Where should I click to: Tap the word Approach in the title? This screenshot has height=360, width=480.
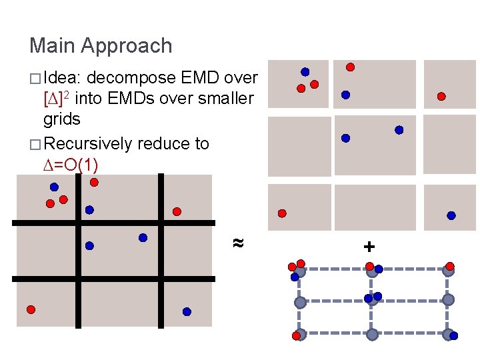pyautogui.click(x=126, y=46)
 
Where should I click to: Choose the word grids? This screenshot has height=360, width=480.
pyautogui.click(x=61, y=120)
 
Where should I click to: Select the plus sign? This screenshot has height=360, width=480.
pyautogui.click(x=369, y=247)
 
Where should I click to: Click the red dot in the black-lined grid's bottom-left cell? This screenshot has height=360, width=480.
pyautogui.click(x=31, y=309)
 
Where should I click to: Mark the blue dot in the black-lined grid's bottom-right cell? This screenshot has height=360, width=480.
pyautogui.click(x=187, y=311)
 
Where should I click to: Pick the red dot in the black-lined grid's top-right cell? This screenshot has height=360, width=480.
pyautogui.click(x=177, y=211)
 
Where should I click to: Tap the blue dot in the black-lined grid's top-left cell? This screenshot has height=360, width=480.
pyautogui.click(x=54, y=187)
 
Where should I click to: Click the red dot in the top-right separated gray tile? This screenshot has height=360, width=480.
pyautogui.click(x=441, y=96)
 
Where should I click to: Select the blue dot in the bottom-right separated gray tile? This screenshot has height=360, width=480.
pyautogui.click(x=451, y=215)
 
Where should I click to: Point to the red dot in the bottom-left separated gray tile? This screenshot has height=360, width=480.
pyautogui.click(x=282, y=213)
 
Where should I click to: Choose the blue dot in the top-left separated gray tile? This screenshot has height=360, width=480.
pyautogui.click(x=305, y=71)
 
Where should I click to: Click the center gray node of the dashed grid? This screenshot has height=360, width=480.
pyautogui.click(x=373, y=301)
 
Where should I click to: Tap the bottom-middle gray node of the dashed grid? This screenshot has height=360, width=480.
pyautogui.click(x=373, y=334)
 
